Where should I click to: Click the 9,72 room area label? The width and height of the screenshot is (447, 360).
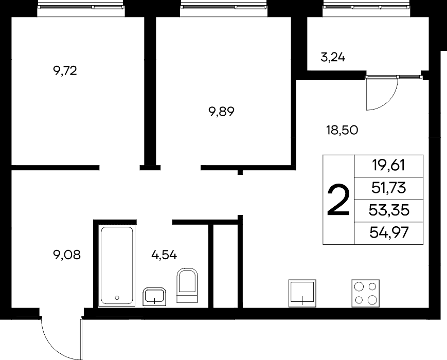click(x=65, y=70)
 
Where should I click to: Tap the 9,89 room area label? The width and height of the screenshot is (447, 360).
click(x=222, y=112)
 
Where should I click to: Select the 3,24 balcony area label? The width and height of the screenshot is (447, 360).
click(x=333, y=58)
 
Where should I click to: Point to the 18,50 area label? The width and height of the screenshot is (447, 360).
click(x=342, y=130)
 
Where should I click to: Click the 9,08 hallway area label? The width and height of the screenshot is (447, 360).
click(x=67, y=255)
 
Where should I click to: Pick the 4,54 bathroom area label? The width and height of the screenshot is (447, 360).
click(x=164, y=255)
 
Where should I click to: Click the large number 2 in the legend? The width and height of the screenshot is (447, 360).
click(x=338, y=200)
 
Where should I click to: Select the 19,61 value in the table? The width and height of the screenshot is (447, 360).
click(x=388, y=165)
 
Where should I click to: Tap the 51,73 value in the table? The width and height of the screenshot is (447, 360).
click(x=388, y=188)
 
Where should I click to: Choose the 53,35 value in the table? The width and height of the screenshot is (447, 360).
click(x=389, y=210)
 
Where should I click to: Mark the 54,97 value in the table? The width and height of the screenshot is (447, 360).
click(x=389, y=232)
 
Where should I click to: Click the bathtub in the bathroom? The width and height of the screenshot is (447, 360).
click(x=117, y=266)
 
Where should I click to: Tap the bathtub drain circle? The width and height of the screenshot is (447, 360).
click(x=117, y=298)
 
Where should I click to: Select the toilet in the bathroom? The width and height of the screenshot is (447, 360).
click(x=187, y=285)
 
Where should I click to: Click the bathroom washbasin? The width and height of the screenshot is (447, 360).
click(x=154, y=297)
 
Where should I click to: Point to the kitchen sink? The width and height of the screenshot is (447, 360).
click(x=302, y=293)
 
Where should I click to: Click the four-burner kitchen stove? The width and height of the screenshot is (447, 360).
click(x=365, y=293)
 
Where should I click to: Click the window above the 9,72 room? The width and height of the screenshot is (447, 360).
click(x=81, y=7)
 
